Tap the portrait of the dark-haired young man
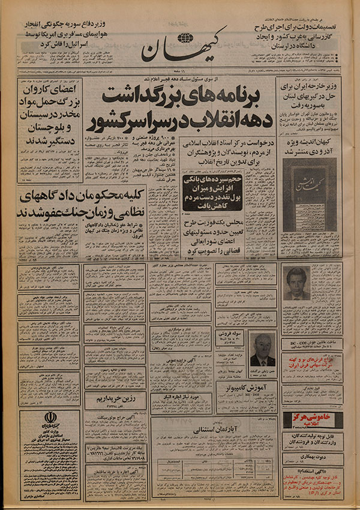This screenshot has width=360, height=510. [x=296, y=283]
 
